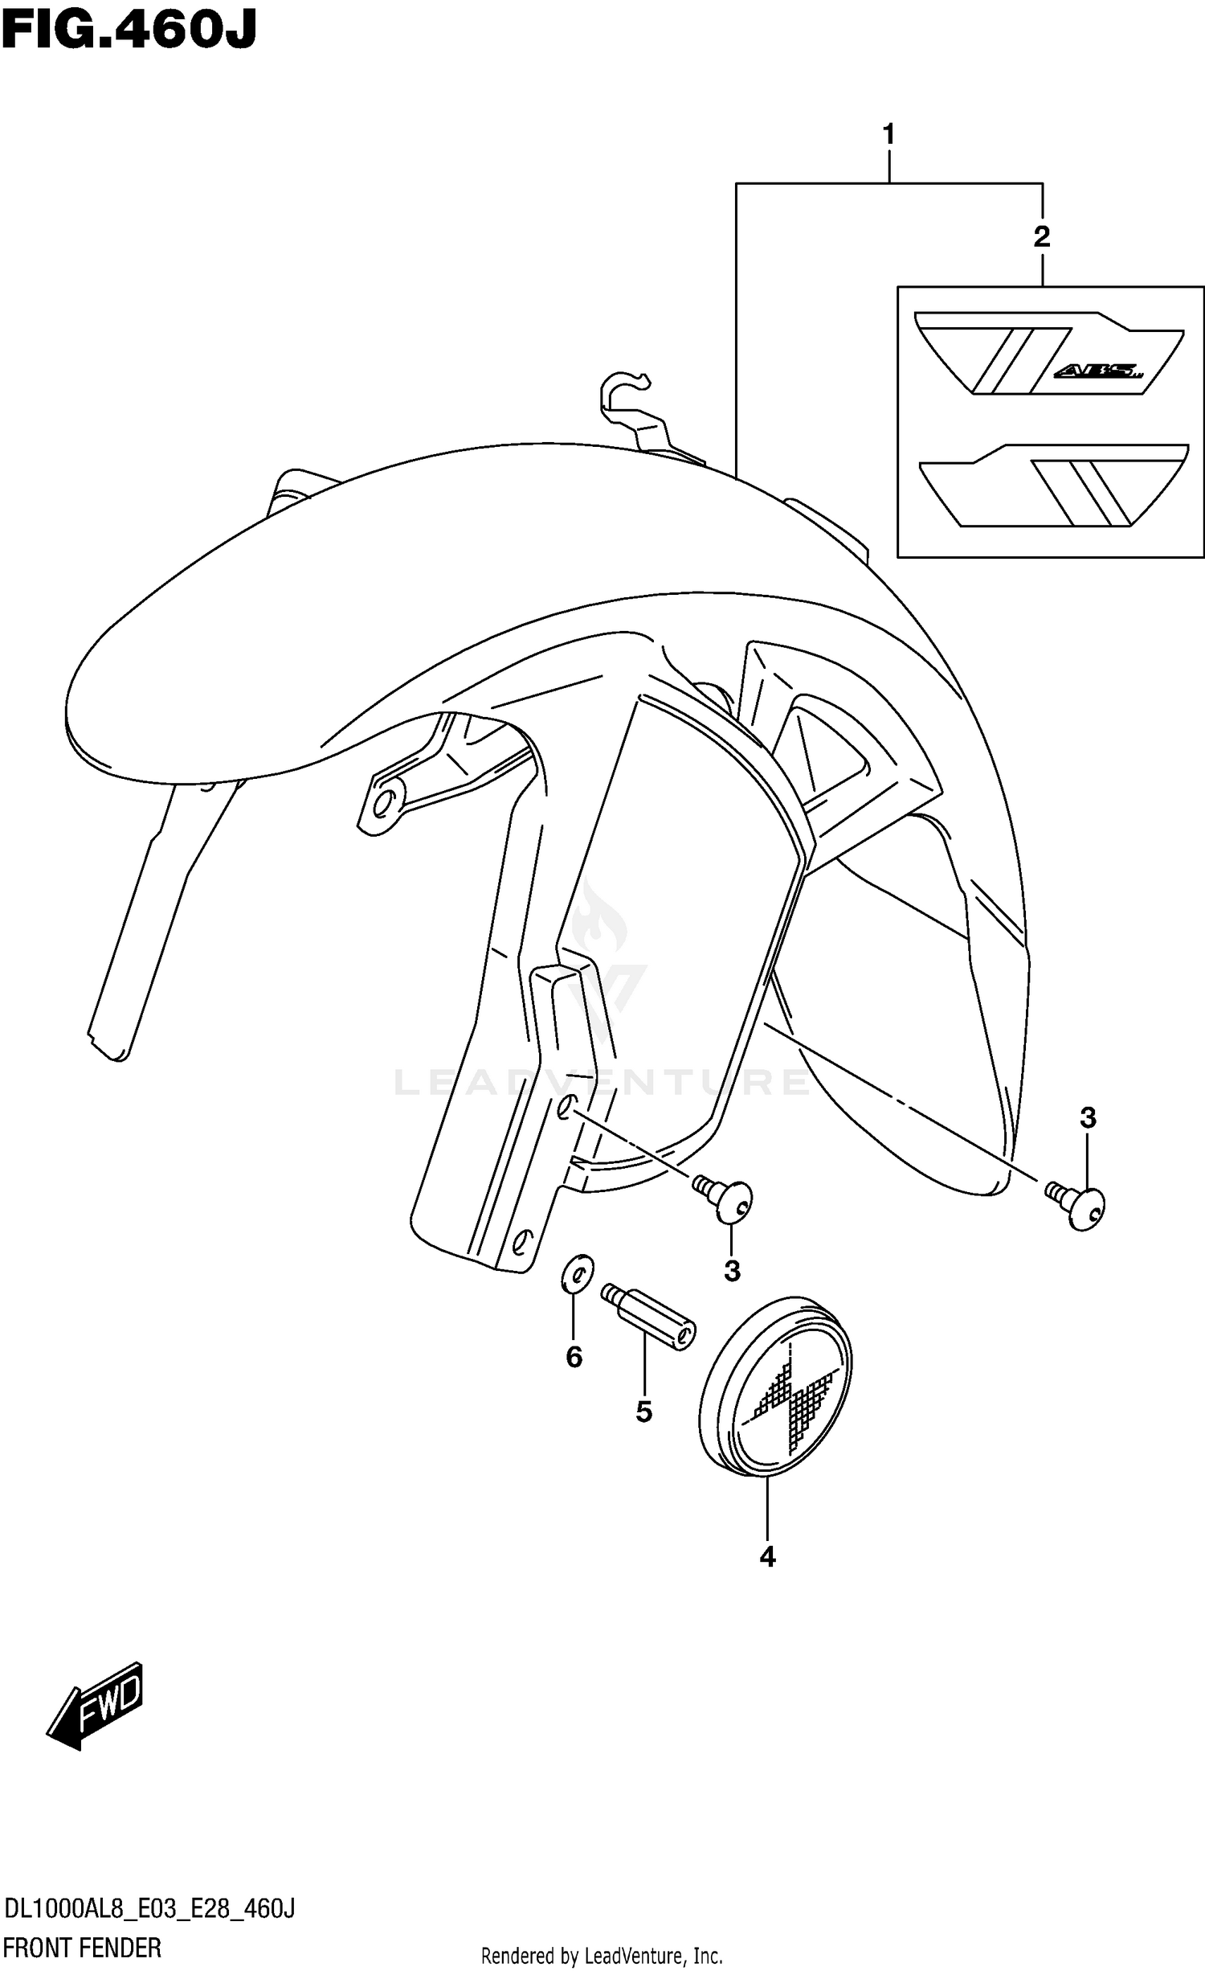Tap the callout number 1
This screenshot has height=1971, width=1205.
[888, 134]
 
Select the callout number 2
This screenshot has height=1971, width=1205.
[1041, 236]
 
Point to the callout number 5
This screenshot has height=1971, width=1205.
[643, 1412]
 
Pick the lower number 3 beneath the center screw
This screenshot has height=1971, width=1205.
[732, 1271]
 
